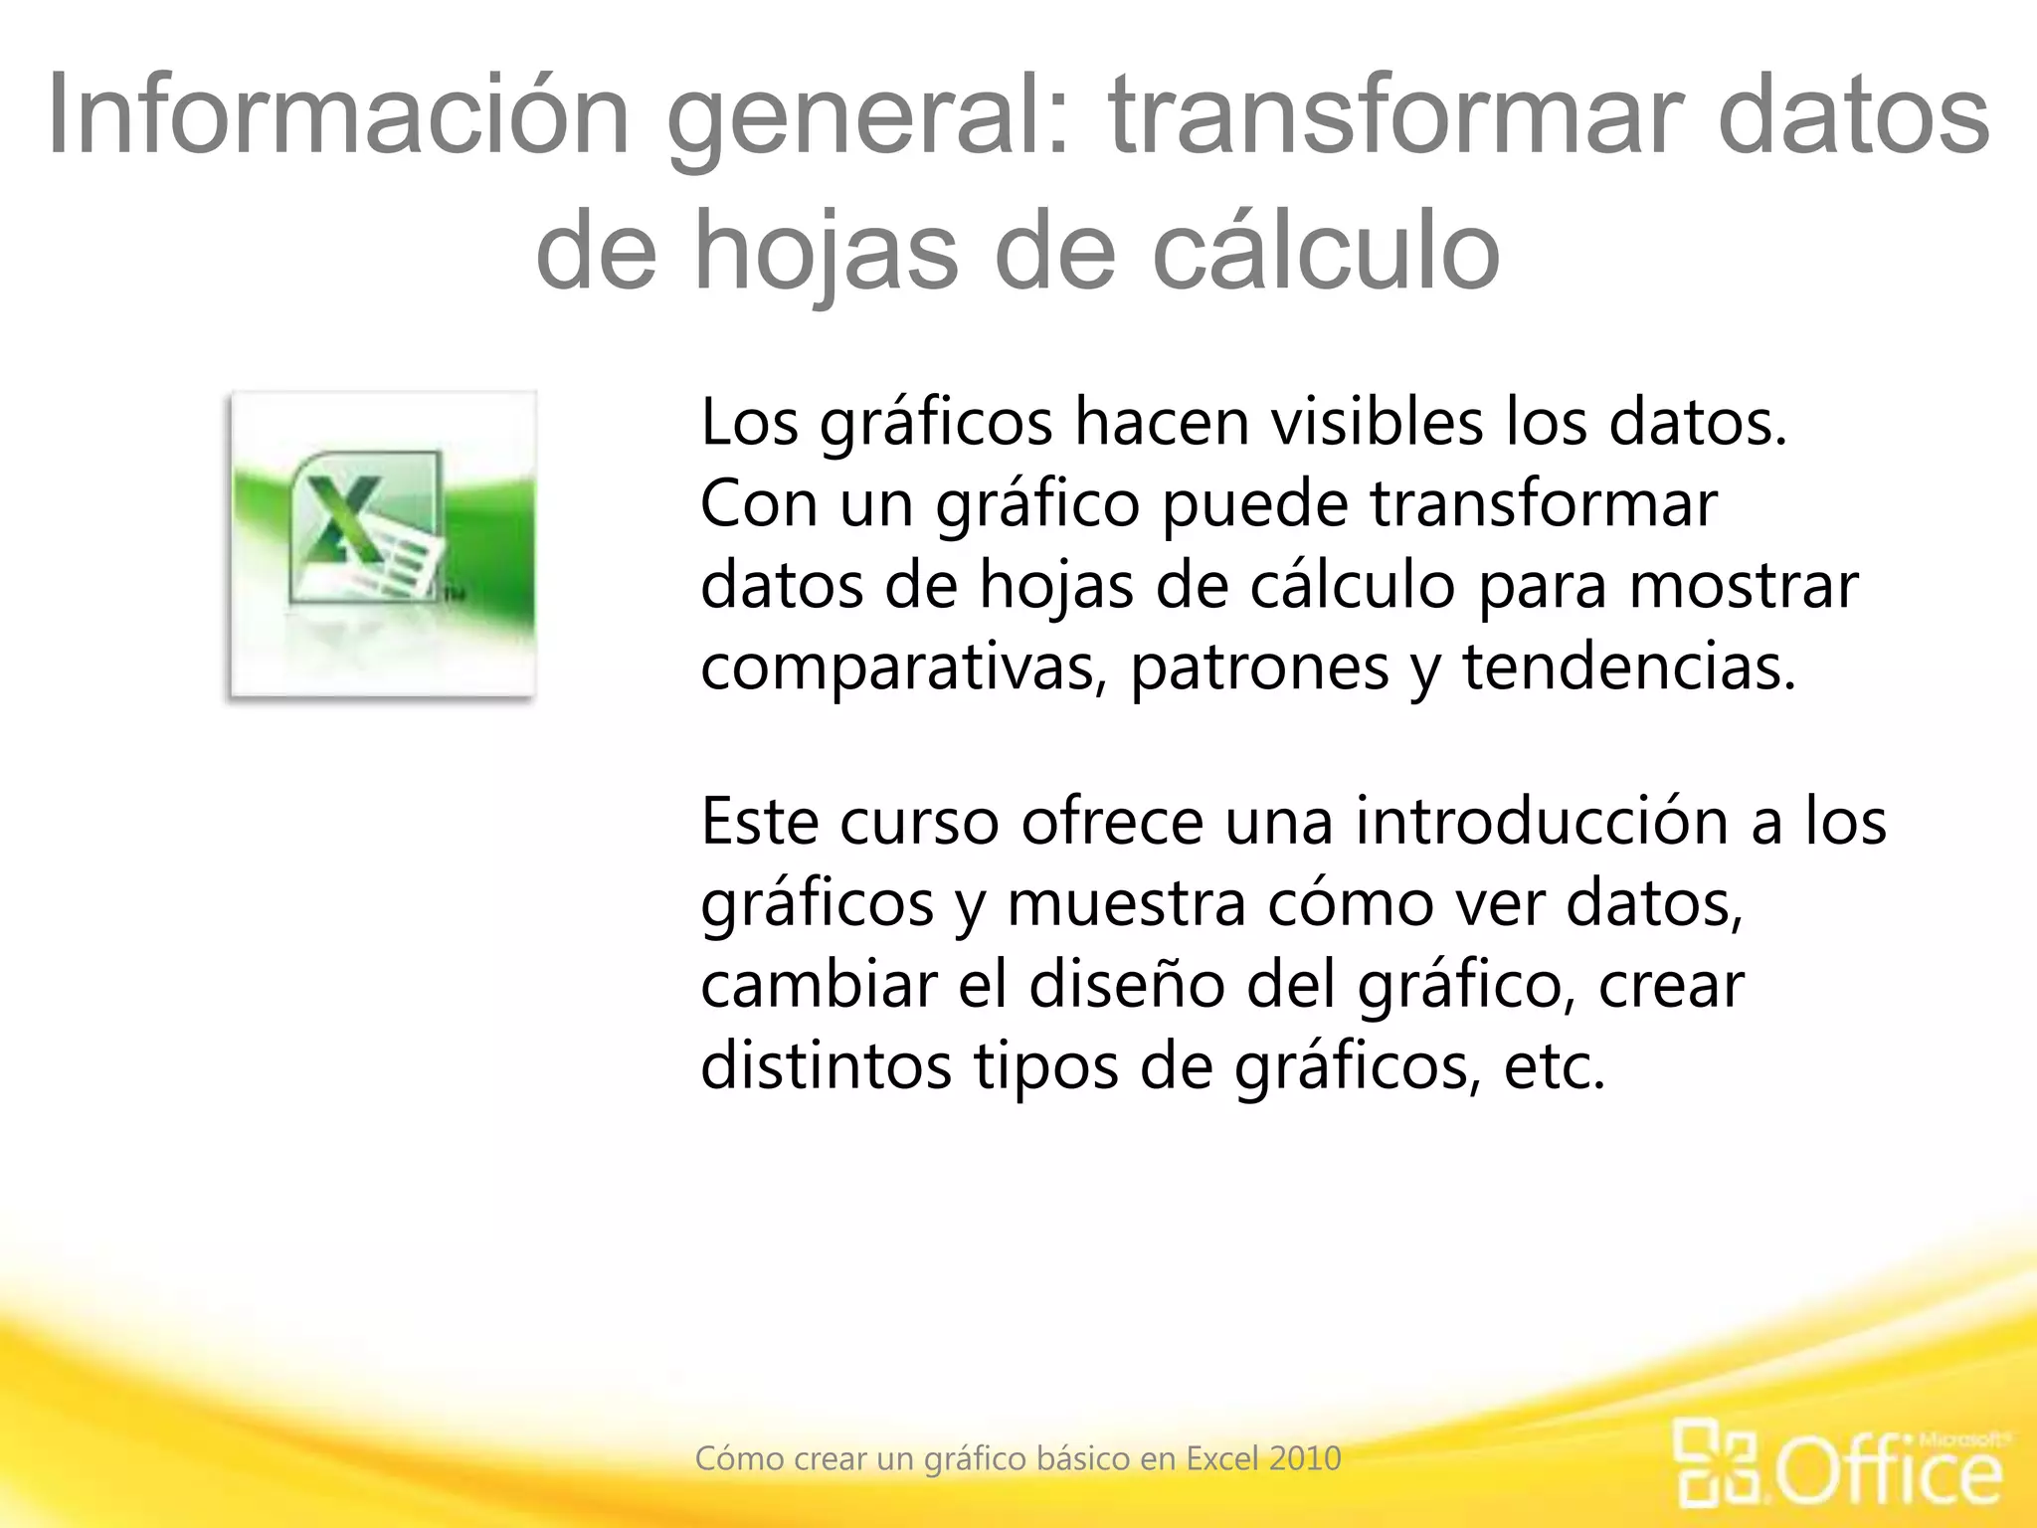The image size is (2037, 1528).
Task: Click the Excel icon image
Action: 383,544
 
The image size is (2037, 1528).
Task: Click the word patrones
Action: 1259,667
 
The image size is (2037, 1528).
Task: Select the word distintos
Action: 826,1066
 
